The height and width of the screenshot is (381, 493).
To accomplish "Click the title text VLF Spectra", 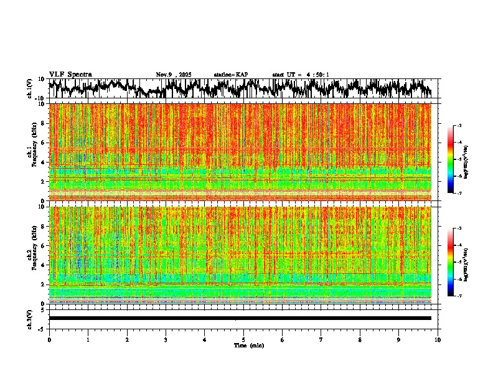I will pyautogui.click(x=70, y=75).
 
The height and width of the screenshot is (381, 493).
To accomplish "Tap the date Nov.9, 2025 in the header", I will pyautogui.click(x=174, y=75).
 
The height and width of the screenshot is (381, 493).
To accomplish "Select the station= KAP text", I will pyautogui.click(x=230, y=75).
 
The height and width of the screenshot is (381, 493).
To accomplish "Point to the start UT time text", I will pyautogui.click(x=301, y=75).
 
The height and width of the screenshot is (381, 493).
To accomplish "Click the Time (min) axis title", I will pyautogui.click(x=248, y=345).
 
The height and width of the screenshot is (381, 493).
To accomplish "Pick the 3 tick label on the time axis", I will pyautogui.click(x=166, y=339).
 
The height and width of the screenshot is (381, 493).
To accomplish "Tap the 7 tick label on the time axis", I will pyautogui.click(x=321, y=339).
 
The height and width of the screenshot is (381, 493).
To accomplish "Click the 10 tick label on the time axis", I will pyautogui.click(x=438, y=339).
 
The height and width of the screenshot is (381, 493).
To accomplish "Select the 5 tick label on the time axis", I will pyautogui.click(x=243, y=339).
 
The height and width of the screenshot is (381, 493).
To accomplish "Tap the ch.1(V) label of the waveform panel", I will pyautogui.click(x=29, y=88).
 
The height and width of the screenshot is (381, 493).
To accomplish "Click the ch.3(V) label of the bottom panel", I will pyautogui.click(x=29, y=317).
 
